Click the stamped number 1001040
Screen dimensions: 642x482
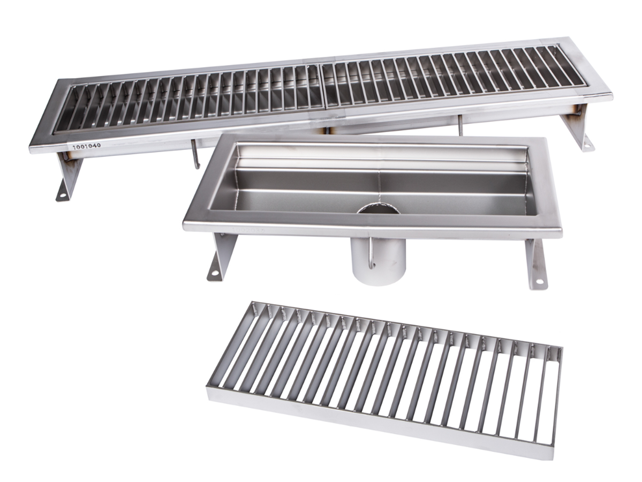[86, 146]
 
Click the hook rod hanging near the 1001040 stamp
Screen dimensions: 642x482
[195, 153]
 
